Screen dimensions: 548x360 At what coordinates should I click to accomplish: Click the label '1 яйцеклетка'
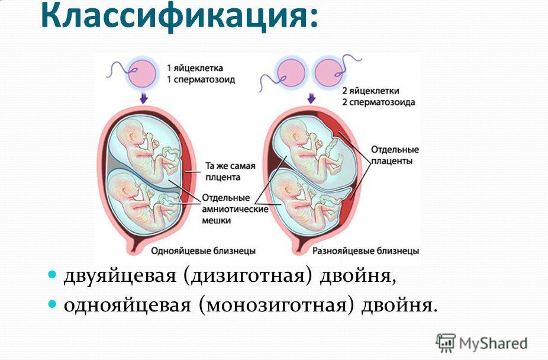195,68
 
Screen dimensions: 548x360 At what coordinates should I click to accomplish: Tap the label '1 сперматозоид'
201,80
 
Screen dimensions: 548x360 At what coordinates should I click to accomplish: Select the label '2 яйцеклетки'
370,91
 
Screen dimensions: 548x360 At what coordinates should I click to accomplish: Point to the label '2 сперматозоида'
379,102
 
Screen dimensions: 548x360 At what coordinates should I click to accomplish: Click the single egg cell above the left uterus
141,74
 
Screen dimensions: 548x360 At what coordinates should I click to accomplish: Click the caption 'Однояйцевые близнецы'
203,251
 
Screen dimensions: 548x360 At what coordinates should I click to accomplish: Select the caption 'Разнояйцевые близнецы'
366,251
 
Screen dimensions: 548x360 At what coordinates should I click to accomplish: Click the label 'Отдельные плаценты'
395,155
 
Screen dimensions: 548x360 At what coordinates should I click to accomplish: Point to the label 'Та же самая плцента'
230,171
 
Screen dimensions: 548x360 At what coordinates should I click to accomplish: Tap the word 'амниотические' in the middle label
235,210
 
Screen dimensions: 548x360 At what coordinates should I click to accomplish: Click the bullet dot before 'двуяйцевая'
51,274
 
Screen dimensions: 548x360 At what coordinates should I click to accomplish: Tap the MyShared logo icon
446,343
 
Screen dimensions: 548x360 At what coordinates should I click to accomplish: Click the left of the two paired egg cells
291,73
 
